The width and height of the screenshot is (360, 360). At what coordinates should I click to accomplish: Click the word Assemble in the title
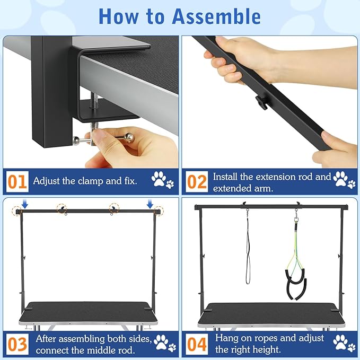(216, 16)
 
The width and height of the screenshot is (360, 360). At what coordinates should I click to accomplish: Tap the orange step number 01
(17, 182)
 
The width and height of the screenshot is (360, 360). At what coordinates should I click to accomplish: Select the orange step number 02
(197, 182)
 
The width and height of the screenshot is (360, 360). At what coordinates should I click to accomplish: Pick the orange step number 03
(17, 344)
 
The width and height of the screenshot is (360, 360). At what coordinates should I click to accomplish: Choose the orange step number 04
(197, 344)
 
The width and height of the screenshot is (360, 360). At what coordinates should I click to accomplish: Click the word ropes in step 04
(266, 338)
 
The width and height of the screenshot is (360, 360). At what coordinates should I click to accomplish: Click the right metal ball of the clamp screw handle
(128, 138)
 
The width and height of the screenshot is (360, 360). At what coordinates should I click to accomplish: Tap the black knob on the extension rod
(262, 102)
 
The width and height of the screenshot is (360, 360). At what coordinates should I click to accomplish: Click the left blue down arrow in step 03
(25, 204)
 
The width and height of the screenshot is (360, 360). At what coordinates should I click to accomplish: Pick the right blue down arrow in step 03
(150, 204)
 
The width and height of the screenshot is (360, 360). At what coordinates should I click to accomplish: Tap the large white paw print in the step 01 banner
(159, 179)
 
